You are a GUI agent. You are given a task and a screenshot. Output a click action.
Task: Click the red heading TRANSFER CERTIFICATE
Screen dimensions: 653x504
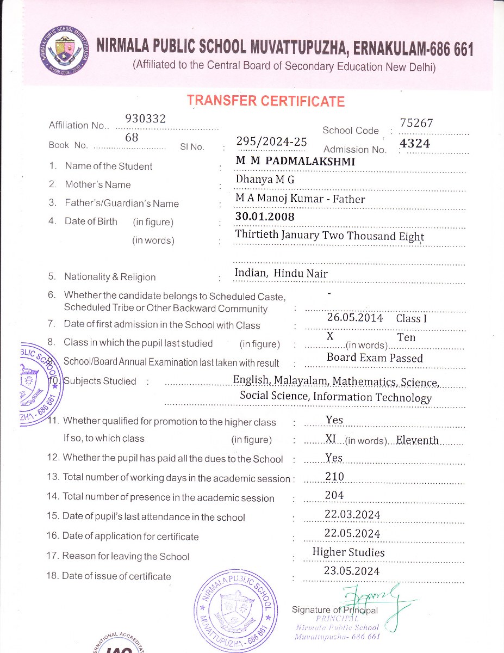(265, 101)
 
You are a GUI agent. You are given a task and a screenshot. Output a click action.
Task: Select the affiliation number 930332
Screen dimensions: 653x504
(145, 119)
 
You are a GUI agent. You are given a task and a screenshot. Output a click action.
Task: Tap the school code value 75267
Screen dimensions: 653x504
(416, 123)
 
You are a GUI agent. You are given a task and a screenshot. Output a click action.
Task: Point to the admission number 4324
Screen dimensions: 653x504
(415, 144)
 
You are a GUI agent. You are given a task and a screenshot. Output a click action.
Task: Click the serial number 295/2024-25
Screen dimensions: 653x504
(271, 141)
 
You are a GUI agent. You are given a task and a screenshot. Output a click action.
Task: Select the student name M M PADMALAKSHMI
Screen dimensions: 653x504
(295, 161)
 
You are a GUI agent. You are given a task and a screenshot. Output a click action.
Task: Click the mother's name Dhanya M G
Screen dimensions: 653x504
(264, 179)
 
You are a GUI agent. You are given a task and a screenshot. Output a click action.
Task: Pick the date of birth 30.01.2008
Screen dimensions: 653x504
(265, 217)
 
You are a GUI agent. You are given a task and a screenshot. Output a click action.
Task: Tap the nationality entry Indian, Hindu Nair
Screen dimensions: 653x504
(281, 273)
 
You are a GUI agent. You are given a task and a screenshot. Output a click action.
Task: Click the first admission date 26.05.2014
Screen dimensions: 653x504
(354, 318)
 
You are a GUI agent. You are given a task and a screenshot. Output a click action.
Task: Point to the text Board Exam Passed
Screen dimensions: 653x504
(375, 358)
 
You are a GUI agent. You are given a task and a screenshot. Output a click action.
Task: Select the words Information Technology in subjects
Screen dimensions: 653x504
(372, 397)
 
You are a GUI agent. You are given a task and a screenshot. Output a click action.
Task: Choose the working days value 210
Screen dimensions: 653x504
(334, 477)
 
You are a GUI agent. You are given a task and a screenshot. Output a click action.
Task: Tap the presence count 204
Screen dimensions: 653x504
(334, 495)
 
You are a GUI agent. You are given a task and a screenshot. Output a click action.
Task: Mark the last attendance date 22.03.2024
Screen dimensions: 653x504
(352, 514)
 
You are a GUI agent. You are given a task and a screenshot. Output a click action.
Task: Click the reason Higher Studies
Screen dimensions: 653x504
(348, 552)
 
